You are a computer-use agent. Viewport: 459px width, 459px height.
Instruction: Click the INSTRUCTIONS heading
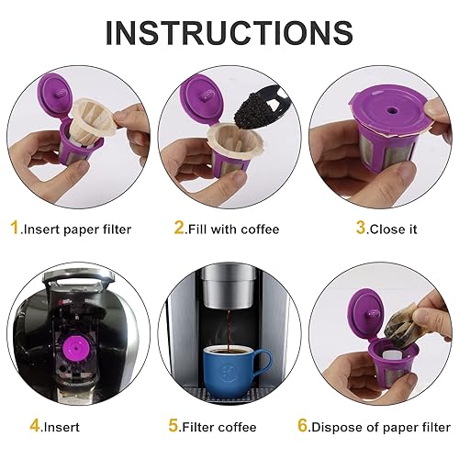click(229, 32)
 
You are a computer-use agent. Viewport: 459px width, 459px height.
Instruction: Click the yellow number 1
click(16, 228)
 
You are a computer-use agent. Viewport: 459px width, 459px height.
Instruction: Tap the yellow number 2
click(181, 228)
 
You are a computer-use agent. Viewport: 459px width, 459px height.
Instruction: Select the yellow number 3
click(336, 228)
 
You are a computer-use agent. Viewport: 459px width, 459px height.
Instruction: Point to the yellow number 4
click(34, 425)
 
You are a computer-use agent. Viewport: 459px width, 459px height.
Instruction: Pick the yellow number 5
click(174, 425)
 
